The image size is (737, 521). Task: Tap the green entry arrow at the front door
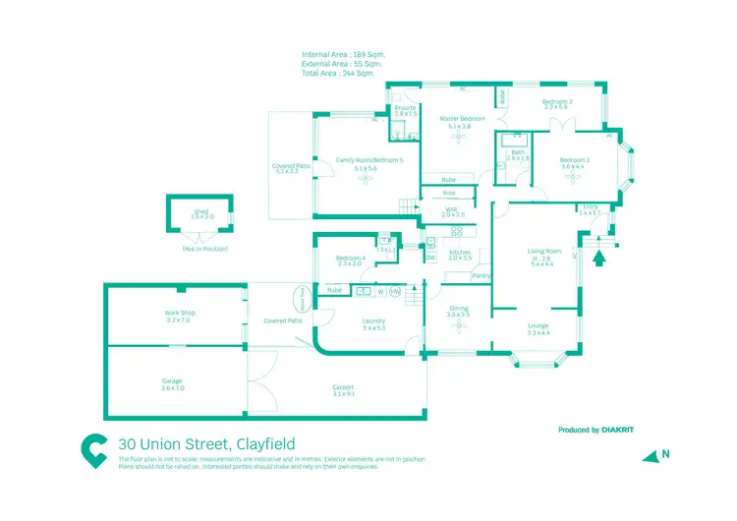600,259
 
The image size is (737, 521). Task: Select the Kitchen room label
460,253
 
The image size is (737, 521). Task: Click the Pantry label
481,276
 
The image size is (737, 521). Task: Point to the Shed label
201,211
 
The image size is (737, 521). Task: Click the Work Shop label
180,313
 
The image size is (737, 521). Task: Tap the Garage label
173,380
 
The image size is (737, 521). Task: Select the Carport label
343,387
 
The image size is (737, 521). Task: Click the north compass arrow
650,455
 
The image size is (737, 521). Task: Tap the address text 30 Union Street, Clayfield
206,444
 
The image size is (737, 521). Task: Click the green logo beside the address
94,450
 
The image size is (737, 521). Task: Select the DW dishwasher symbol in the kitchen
430,259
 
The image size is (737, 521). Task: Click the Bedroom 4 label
349,259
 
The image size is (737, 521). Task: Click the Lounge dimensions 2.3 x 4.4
539,333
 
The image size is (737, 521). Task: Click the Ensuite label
406,107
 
